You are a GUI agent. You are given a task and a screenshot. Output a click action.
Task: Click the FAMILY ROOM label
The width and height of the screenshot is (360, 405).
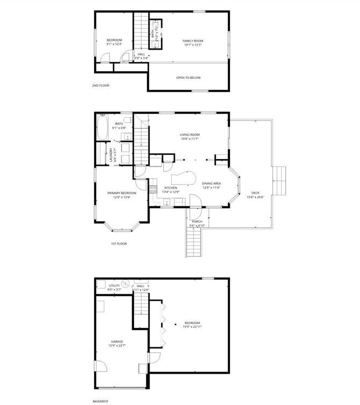coord(188,41)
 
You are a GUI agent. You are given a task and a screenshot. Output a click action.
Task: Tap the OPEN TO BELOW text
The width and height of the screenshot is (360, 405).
coord(188,78)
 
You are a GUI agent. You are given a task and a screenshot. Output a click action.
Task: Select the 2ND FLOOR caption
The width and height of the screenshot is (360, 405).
coord(100,85)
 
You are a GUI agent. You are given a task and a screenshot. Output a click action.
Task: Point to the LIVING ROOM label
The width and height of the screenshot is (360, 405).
coord(189,134)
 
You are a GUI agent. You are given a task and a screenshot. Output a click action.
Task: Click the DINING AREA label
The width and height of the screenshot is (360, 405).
coord(211,184)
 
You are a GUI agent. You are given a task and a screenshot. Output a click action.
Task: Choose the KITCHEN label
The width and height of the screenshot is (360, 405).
coord(171,187)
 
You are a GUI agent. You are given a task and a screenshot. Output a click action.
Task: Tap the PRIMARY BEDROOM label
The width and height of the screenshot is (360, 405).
coord(121,193)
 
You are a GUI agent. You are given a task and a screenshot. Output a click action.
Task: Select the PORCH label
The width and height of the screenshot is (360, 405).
coord(196,221)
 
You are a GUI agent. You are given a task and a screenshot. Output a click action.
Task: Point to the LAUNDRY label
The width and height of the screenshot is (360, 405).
coord(111,155)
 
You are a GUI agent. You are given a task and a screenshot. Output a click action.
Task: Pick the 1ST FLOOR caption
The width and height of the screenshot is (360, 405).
coord(118,244)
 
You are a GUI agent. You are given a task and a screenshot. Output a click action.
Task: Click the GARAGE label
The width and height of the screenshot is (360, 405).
coord(117,341)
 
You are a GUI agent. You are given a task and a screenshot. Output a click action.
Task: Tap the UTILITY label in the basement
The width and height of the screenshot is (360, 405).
coord(114,286)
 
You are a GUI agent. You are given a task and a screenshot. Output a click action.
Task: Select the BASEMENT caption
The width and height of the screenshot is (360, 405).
coord(100,401)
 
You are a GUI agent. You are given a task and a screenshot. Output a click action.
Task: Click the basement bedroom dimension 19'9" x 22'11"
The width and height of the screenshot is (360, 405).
coord(192,327)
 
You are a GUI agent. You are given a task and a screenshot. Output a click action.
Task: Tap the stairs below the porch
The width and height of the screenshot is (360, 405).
coord(194,242)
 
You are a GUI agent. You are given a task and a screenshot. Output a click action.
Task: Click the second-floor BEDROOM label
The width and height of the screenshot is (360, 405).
coord(114,40)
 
